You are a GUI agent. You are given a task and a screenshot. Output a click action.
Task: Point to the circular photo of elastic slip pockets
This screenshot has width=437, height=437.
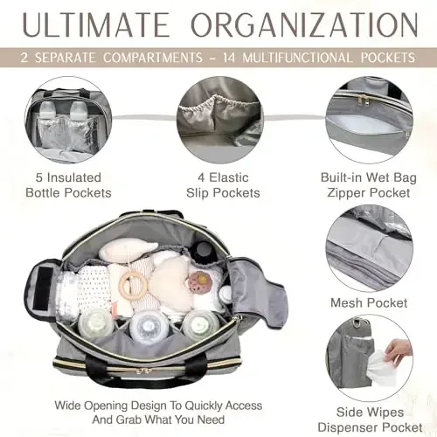(218, 118)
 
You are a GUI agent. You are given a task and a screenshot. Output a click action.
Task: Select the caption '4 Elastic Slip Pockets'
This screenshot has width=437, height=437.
(218, 184)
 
